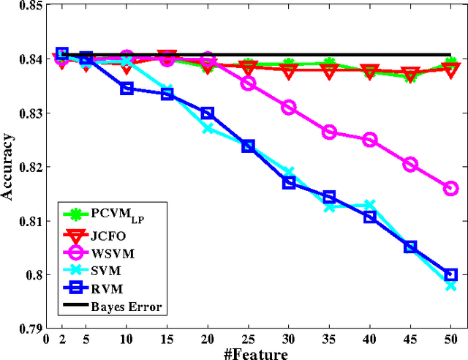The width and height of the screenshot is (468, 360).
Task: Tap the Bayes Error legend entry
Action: coord(126,306)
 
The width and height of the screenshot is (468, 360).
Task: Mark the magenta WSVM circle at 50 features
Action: coord(451,189)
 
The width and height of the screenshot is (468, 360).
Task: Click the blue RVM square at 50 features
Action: coord(451,274)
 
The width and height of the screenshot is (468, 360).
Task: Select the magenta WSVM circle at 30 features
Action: coord(289,108)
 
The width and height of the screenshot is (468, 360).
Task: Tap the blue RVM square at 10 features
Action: coord(127,89)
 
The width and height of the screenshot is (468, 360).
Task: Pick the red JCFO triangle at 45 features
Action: coord(411,73)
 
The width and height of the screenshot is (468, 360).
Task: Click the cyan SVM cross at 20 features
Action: coord(208,127)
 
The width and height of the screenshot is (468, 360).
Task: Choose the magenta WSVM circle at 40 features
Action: coord(370,140)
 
